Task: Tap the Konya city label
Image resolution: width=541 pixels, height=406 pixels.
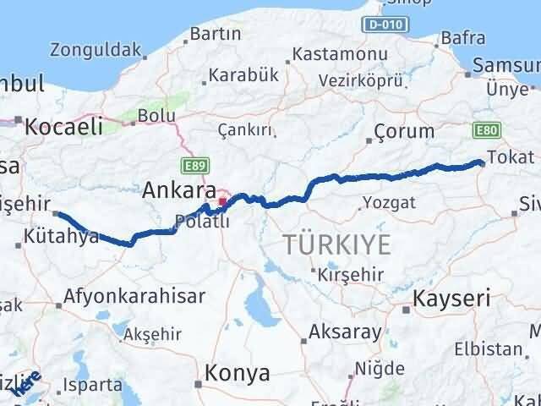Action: (238, 373)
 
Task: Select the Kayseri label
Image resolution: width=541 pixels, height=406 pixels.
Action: (451, 299)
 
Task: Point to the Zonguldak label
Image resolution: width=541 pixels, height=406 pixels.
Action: (95, 50)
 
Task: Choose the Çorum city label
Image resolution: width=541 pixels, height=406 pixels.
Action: (404, 131)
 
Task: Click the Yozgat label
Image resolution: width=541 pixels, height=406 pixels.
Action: (388, 202)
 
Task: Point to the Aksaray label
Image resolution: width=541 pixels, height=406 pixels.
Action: (346, 332)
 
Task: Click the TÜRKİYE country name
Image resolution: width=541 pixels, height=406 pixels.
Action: (336, 245)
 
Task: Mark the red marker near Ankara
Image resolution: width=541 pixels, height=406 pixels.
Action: (222, 201)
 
